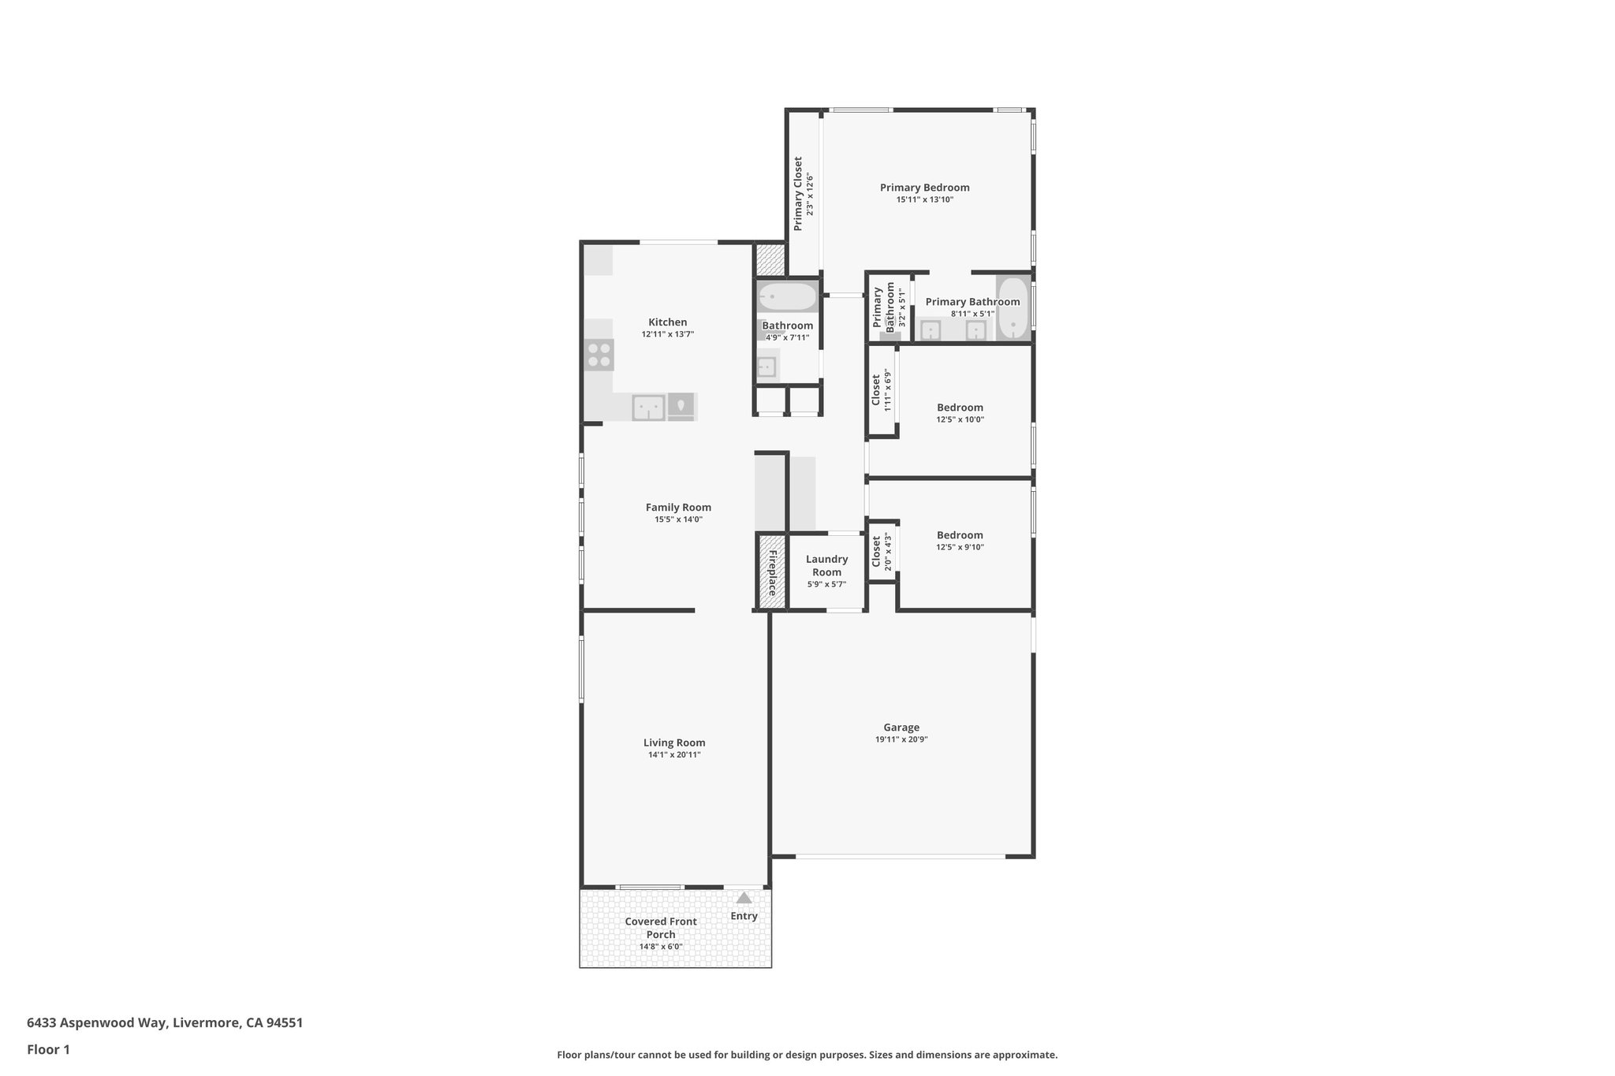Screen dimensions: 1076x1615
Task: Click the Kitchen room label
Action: [x=667, y=322]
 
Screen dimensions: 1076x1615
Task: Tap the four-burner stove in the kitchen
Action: [x=599, y=355]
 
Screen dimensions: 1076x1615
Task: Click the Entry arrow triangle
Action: [x=744, y=897]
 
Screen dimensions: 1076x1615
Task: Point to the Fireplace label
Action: [x=772, y=572]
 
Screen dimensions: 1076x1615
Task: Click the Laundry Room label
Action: [x=826, y=565]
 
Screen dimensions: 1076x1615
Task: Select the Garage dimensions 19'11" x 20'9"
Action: [x=901, y=739]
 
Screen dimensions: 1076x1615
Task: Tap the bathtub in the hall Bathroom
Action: [x=787, y=298]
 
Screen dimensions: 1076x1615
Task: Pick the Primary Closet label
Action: [x=798, y=193]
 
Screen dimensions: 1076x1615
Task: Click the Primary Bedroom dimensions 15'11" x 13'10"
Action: [x=924, y=199]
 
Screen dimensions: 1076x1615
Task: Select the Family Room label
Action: [x=678, y=507]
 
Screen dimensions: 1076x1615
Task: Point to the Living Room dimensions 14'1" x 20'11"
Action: [x=674, y=754]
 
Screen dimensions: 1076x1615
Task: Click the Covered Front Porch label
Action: [x=661, y=928]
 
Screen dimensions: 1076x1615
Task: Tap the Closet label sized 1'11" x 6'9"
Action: [x=875, y=390]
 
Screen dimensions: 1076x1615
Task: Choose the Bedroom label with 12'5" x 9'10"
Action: [x=960, y=535]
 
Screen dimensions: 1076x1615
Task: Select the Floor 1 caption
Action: [x=48, y=1049]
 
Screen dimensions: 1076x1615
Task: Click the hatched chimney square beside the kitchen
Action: [x=770, y=259]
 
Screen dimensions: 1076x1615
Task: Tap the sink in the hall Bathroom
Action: [x=766, y=367]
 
